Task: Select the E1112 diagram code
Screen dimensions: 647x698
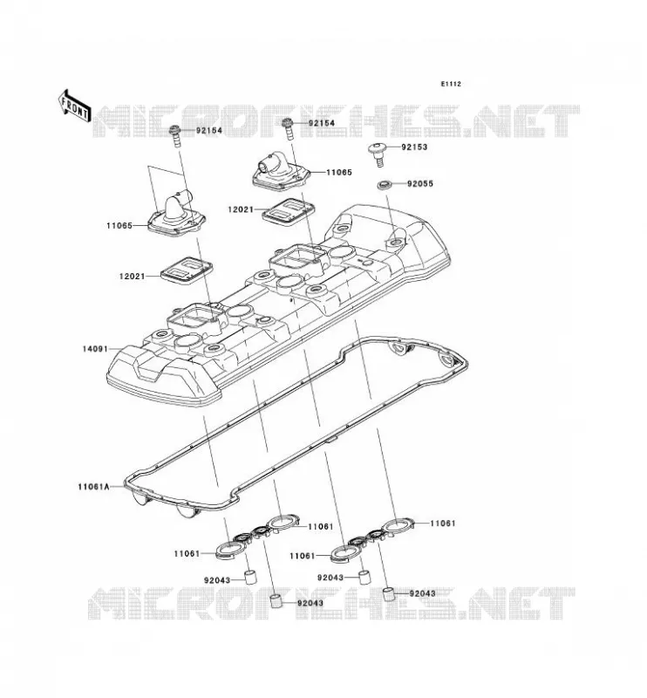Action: click(451, 84)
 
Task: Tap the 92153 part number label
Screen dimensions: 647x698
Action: click(414, 147)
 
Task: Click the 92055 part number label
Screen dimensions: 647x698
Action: click(419, 183)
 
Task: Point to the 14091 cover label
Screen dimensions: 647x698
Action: click(95, 349)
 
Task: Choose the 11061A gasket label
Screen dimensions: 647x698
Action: click(93, 487)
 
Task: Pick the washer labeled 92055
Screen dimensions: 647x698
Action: click(384, 184)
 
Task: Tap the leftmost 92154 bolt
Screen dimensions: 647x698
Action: click(175, 137)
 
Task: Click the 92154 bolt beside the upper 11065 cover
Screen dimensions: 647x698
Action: click(289, 128)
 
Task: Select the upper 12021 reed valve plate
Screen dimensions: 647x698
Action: click(289, 210)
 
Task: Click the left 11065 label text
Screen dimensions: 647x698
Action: click(119, 226)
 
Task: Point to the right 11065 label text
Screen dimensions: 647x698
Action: click(339, 172)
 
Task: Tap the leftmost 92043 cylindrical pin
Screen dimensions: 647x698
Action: click(250, 576)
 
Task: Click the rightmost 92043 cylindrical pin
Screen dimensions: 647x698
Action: click(390, 594)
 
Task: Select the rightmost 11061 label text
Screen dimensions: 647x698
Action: click(443, 523)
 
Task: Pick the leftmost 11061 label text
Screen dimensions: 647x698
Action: click(187, 554)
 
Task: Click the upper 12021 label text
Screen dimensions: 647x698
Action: click(241, 209)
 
